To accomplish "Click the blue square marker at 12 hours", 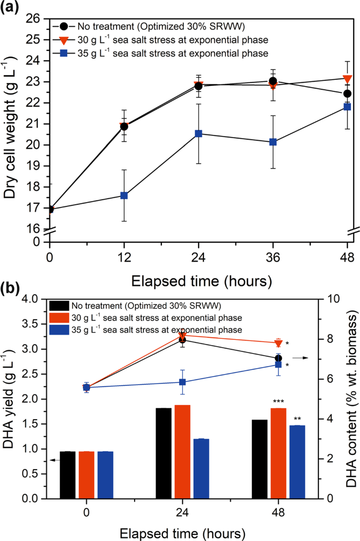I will [x=124, y=195].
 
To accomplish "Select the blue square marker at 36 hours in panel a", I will [x=273, y=142].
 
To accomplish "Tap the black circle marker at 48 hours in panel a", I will [x=347, y=93].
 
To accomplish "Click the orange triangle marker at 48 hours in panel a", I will [x=347, y=79].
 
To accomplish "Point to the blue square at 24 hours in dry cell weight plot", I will [x=199, y=133].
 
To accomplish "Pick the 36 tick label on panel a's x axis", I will [x=273, y=258].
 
